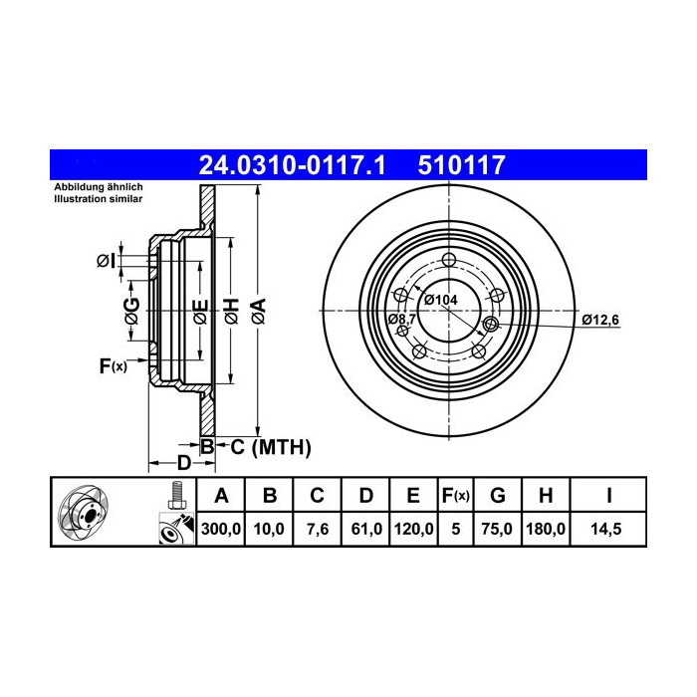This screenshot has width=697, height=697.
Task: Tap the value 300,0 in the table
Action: tap(222, 529)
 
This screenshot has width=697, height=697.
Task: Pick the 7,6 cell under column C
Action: tap(317, 529)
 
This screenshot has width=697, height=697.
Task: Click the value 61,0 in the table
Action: tap(365, 529)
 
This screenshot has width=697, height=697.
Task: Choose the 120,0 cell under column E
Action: tap(413, 529)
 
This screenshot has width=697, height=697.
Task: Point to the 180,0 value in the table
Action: tap(546, 529)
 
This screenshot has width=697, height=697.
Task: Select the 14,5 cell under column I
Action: tap(608, 529)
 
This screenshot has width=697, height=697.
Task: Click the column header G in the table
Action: tap(498, 495)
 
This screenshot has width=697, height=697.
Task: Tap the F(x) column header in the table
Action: tap(455, 495)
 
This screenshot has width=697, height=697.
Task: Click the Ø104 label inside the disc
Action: tap(440, 300)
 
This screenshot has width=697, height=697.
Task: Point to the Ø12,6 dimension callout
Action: tap(600, 320)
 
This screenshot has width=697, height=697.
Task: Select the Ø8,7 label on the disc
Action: tap(401, 319)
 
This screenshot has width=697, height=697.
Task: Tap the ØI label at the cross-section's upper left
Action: tap(106, 261)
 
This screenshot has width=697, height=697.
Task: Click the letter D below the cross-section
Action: tap(183, 462)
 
